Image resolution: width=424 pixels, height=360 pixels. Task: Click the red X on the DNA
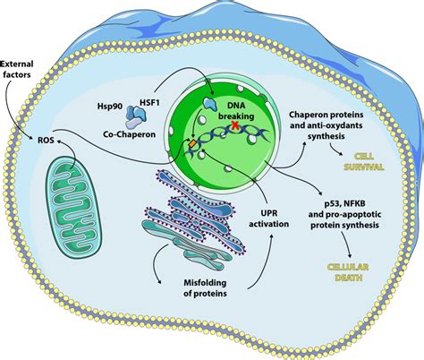235,125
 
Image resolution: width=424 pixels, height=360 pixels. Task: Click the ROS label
46,140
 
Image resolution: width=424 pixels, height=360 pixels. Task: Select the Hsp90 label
110,107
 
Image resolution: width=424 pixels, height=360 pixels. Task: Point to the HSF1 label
149,103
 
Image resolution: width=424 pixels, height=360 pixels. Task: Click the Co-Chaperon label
130,134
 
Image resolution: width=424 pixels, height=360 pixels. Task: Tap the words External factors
17,69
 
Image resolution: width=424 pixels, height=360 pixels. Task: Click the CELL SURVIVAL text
363,161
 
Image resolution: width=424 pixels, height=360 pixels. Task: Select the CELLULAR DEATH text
348,272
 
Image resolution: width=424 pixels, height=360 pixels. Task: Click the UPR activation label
268,219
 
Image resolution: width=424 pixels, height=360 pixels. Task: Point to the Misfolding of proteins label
205,287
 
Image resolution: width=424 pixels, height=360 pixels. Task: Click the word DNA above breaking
236,106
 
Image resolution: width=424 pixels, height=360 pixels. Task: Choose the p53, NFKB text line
345,203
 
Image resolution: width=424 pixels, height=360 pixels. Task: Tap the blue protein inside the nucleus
210,104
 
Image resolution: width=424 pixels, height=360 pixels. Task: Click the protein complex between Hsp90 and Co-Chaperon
136,116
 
